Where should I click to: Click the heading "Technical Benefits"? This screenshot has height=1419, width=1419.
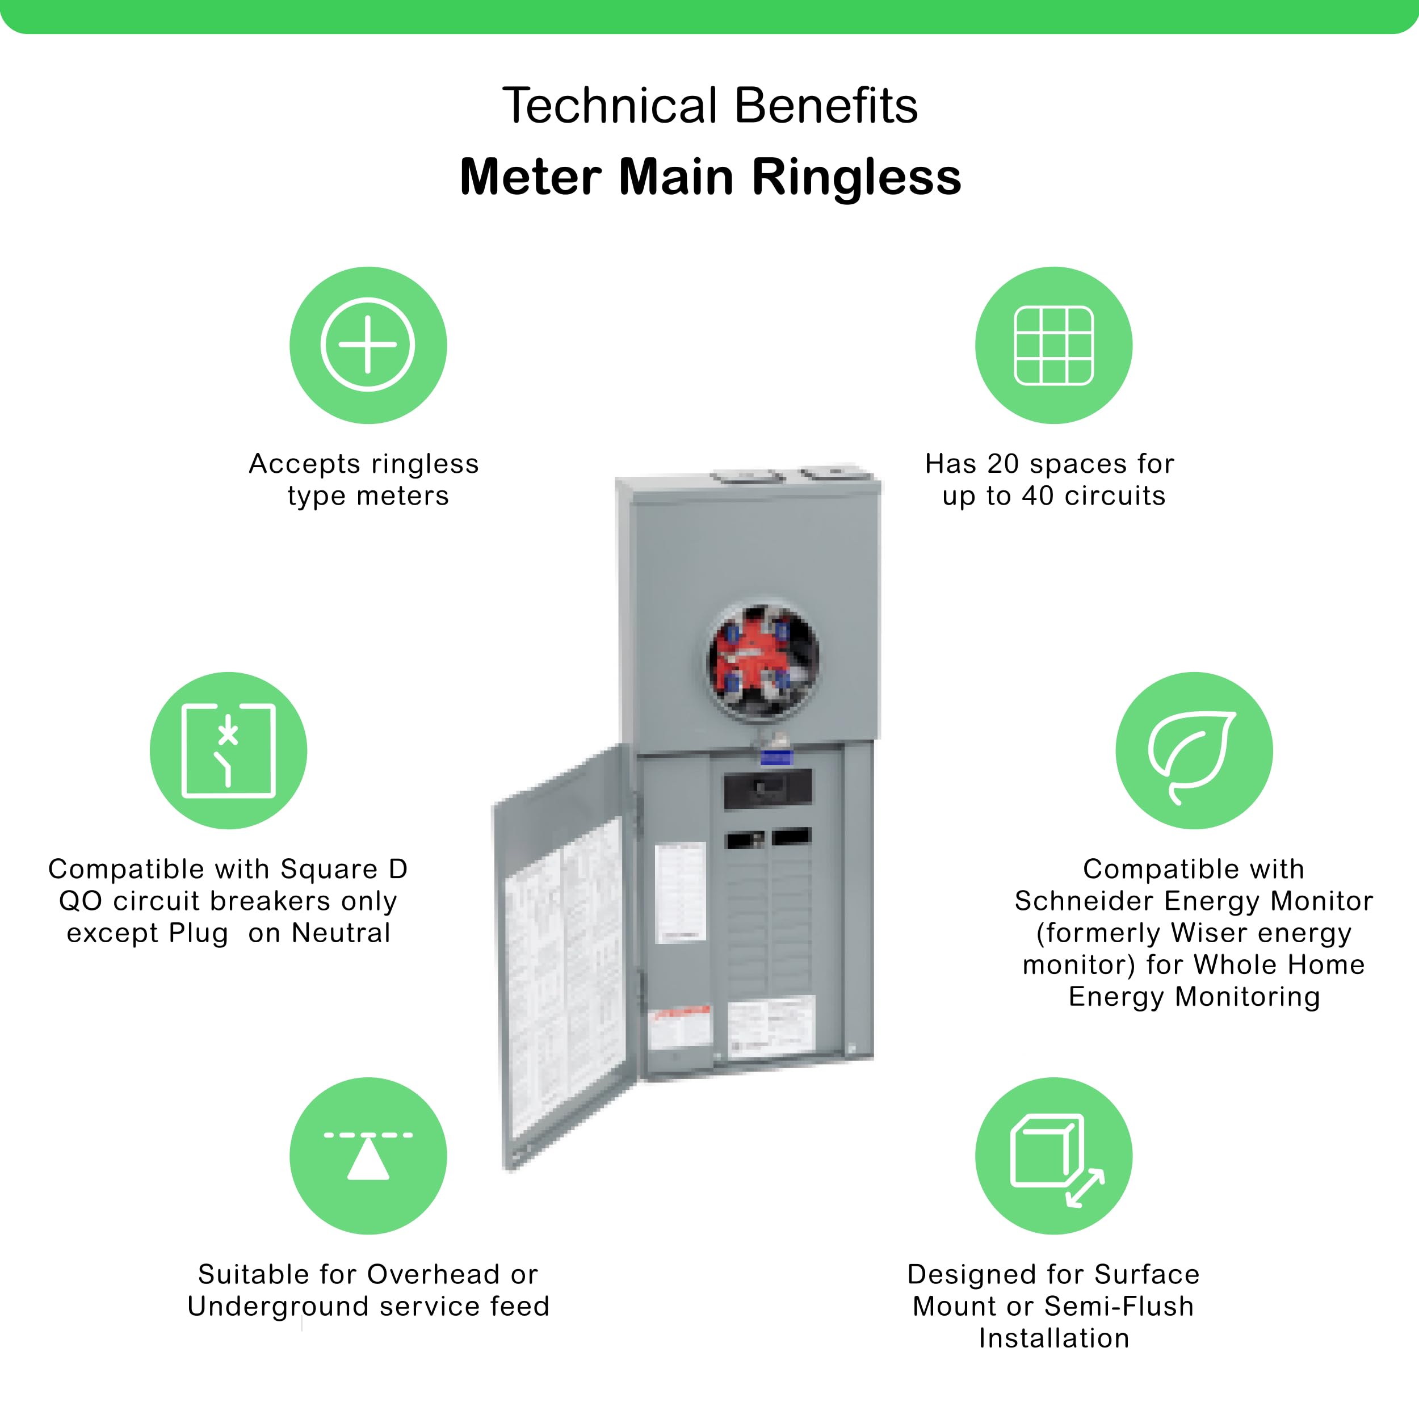[709, 105]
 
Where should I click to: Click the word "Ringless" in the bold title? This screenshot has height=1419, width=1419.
[857, 177]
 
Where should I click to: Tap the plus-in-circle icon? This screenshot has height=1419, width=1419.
[368, 345]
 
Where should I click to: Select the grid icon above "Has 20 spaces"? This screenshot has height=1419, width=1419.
[1053, 345]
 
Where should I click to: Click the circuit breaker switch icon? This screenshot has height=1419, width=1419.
[228, 750]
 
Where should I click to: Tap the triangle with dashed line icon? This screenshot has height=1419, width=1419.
[368, 1155]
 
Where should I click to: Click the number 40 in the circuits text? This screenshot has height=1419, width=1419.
[1038, 496]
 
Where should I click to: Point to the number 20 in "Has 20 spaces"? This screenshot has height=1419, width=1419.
[1002, 464]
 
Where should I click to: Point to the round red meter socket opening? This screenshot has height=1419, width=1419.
[763, 659]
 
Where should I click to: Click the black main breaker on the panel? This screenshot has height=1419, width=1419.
[767, 789]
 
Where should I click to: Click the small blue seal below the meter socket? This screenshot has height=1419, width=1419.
[775, 757]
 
